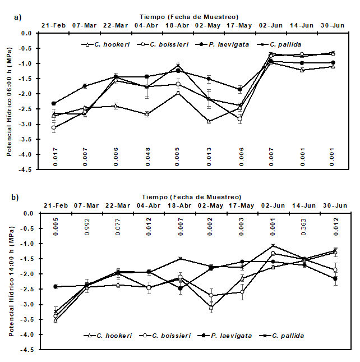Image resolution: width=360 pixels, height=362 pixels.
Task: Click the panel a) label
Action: coord(17,17)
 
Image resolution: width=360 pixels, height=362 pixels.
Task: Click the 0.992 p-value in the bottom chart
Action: coord(86,225)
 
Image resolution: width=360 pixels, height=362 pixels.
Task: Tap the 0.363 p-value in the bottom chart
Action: coord(304,225)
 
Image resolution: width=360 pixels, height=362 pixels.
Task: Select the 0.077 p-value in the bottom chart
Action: coord(117,225)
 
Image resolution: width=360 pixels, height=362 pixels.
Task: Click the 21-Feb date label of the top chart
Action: coord(54,26)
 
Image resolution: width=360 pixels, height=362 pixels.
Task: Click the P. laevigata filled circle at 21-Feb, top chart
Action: coord(54,103)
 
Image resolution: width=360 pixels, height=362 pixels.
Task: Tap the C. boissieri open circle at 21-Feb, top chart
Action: coord(54,128)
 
